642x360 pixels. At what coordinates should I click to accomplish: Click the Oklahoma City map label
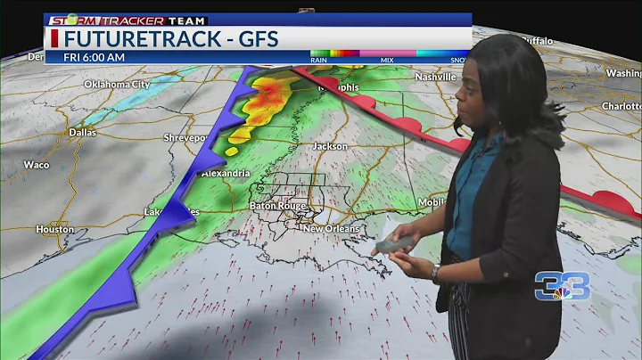(117, 84)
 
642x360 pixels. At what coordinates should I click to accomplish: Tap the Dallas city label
(82, 132)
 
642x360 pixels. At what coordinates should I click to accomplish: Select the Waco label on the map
(36, 165)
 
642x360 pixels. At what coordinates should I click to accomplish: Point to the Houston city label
(53, 229)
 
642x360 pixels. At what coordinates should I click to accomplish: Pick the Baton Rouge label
(277, 206)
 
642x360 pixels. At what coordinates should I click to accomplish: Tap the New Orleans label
(331, 229)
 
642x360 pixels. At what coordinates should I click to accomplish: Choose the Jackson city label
(329, 145)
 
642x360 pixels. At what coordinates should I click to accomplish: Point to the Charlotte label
(621, 105)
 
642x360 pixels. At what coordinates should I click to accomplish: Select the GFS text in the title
(259, 38)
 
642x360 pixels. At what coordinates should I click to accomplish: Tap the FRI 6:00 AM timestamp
(94, 57)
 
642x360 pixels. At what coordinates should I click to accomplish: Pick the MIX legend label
(386, 61)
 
